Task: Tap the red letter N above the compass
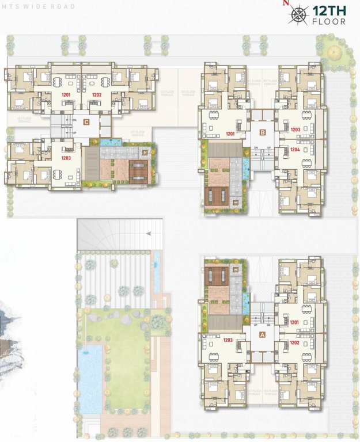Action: point(283,3)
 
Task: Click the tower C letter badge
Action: point(86,121)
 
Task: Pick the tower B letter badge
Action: point(263,132)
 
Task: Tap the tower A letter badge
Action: point(263,333)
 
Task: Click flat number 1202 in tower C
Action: point(96,94)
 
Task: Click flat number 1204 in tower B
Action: point(295,149)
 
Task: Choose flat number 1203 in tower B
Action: point(295,129)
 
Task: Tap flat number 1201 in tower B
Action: point(230,134)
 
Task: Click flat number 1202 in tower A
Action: point(294,342)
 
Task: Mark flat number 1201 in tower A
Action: point(294,322)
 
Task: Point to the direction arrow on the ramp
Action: point(149,234)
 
